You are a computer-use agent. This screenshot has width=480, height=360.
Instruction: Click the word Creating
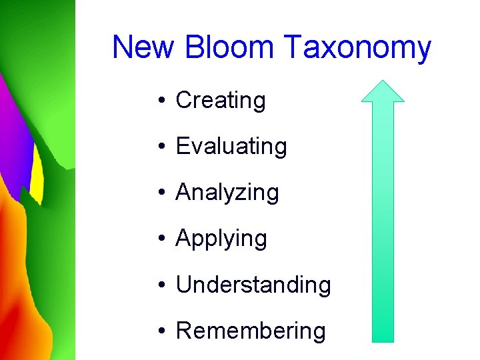[x=221, y=101]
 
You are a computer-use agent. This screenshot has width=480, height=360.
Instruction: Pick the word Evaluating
[x=231, y=147]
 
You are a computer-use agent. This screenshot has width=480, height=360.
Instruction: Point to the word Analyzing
[x=227, y=193]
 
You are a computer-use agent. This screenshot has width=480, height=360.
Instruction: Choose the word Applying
[x=221, y=239]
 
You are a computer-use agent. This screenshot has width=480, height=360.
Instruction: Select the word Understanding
[x=253, y=285]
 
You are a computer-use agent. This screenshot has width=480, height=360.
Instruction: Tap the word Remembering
[x=251, y=331]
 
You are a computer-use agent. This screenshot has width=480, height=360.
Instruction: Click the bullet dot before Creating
[x=162, y=101]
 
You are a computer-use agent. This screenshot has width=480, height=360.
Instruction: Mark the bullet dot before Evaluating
[x=162, y=147]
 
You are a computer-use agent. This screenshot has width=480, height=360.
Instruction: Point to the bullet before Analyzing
[x=162, y=193]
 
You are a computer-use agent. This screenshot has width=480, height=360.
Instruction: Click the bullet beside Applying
[x=162, y=239]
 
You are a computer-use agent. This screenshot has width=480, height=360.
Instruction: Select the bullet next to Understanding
[x=162, y=285]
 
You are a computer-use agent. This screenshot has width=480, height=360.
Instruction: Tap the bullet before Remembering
[x=162, y=331]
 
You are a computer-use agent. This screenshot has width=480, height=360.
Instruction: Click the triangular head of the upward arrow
[x=383, y=92]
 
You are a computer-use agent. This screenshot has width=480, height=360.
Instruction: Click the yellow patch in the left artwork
[x=37, y=177]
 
